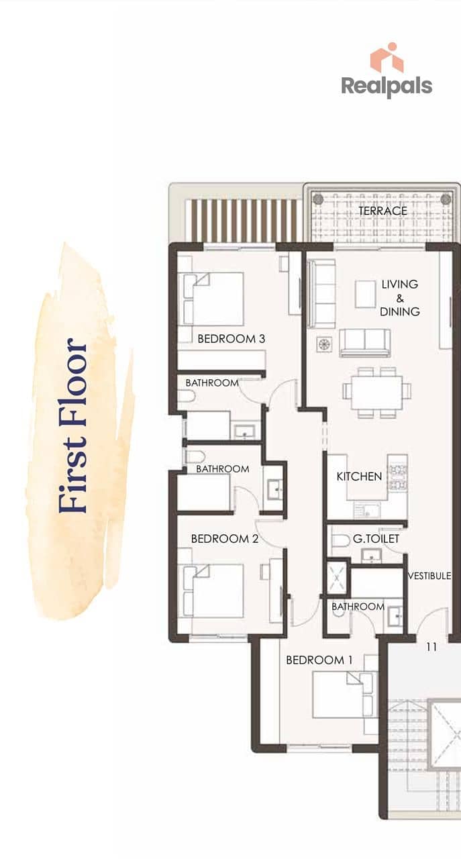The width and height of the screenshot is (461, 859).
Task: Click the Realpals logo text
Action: (387, 87)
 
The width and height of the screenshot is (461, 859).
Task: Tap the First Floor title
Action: (73, 425)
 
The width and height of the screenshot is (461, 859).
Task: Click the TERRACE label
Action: (382, 211)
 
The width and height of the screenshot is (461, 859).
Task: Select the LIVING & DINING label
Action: (400, 298)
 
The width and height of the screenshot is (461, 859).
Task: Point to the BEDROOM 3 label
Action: (232, 339)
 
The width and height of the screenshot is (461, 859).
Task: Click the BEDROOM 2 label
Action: (225, 539)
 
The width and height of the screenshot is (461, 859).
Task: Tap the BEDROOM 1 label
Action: (319, 660)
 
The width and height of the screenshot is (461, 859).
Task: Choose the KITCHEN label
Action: (360, 476)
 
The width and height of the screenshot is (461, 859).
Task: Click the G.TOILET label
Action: (376, 539)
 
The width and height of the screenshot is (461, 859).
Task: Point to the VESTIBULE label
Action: (429, 576)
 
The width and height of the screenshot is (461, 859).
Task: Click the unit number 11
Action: (431, 647)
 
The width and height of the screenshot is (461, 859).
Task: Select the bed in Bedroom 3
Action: (213, 299)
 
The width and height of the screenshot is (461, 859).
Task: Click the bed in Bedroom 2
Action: (213, 591)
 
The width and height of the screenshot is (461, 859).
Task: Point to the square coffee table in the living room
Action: (365, 294)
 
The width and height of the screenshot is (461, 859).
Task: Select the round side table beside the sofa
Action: (324, 344)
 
